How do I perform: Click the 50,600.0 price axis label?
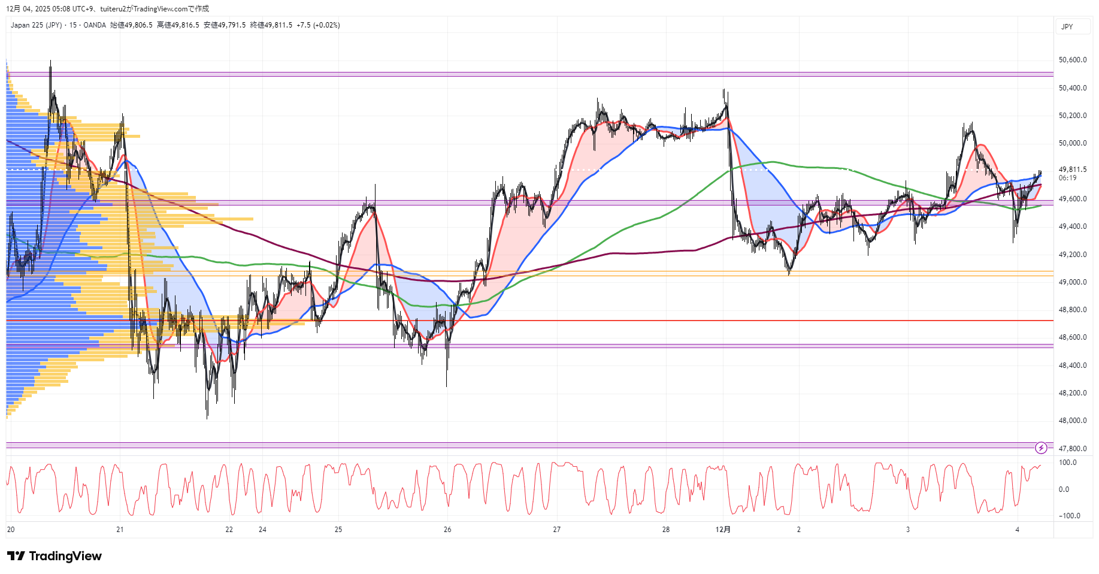coord(1072,60)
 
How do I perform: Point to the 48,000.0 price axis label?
coord(1072,421)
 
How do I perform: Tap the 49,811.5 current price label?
coord(1072,170)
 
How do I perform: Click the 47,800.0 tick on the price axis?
coord(1072,449)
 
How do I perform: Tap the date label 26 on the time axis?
coord(447,530)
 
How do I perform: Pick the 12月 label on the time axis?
coord(723,530)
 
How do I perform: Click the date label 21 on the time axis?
coord(120,530)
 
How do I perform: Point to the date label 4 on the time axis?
coord(1017,530)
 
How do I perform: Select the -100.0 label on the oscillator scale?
coord(1069,516)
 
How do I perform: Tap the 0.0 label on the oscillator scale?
coord(1064,490)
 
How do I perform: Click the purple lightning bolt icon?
coord(1041,448)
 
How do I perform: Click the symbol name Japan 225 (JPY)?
coord(36,25)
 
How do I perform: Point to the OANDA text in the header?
coord(95,25)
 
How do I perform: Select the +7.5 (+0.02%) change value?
coord(318,25)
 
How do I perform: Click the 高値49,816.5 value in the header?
coord(178,25)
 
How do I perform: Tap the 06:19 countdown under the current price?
coord(1067,178)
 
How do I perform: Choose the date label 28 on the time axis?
coord(665,530)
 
